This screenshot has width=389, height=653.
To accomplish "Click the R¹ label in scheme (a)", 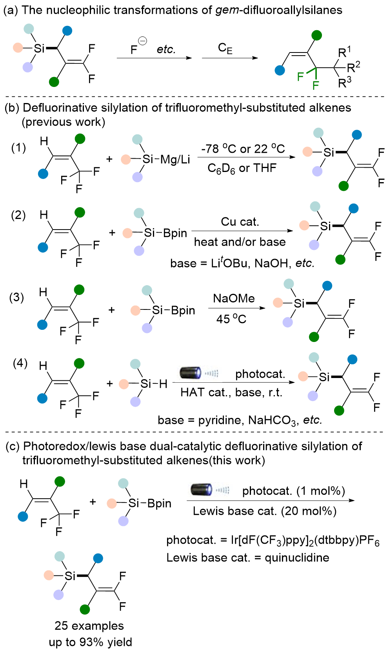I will click(344, 52).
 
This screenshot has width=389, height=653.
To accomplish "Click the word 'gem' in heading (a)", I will click(227, 10).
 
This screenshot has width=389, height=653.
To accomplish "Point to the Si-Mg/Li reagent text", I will click(166, 159).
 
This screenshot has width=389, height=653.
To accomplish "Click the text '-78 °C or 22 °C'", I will click(243, 149).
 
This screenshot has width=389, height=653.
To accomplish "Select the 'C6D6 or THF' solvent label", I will click(242, 168).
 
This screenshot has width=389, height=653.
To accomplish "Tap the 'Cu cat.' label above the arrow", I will click(240, 222).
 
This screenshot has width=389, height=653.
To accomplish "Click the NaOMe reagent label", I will click(234, 298).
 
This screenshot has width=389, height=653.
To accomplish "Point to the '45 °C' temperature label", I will click(231, 319).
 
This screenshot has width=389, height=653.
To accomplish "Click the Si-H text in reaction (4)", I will click(154, 384).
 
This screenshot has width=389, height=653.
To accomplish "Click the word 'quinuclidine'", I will click(297, 557).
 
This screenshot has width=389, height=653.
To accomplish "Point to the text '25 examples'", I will click(89, 626).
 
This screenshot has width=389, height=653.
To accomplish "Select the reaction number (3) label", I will click(17, 297).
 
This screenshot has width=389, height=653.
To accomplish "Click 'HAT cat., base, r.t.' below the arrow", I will click(231, 393).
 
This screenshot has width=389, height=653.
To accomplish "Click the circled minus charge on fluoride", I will click(143, 41).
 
